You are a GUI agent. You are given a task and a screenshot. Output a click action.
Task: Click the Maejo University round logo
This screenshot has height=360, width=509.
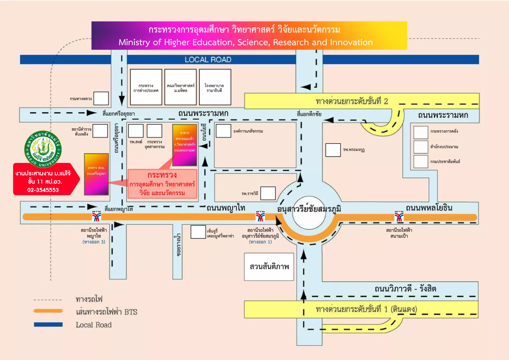point(43,149)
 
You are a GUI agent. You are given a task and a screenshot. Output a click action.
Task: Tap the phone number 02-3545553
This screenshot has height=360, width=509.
point(43,190)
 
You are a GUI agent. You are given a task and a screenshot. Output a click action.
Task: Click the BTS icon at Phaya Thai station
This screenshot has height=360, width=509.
point(96,216)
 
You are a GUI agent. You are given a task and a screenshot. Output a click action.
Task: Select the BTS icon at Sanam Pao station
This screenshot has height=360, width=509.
point(399,216)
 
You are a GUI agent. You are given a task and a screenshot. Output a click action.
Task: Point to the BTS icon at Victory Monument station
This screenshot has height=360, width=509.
point(260,216)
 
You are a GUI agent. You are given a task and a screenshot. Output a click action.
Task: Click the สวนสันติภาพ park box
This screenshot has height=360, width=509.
point(269,267)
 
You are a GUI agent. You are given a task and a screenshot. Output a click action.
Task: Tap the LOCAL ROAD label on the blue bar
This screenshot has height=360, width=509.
point(208,60)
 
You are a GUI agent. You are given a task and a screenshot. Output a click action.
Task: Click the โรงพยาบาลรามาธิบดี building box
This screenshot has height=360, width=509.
point(215,87)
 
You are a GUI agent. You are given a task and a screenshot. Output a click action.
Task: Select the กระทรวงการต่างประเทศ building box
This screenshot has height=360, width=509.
point(146,87)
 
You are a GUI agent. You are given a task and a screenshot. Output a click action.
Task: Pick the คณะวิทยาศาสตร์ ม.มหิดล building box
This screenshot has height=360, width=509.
point(180,87)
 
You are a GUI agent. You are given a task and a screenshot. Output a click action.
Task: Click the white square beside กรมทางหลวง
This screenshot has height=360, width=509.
point(101,98)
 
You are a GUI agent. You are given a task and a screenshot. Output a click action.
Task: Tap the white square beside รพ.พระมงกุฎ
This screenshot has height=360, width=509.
point(333,150)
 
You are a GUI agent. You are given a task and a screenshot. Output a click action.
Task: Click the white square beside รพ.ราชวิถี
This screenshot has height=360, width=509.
point(268,193)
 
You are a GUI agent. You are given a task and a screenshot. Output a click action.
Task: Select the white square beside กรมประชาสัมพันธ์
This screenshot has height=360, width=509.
point(421,161)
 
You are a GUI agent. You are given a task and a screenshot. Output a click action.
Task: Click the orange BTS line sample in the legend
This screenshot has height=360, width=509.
point(48,311)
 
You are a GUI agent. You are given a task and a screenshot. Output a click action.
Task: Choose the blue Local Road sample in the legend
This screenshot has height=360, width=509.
point(48,324)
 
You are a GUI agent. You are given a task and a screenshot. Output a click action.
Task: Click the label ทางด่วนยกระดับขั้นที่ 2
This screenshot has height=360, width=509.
point(352,101)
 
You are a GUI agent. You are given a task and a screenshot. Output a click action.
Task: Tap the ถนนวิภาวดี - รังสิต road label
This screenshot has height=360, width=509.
point(405,289)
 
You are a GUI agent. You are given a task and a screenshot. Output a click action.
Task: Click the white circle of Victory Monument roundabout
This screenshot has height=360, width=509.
point(309,212)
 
